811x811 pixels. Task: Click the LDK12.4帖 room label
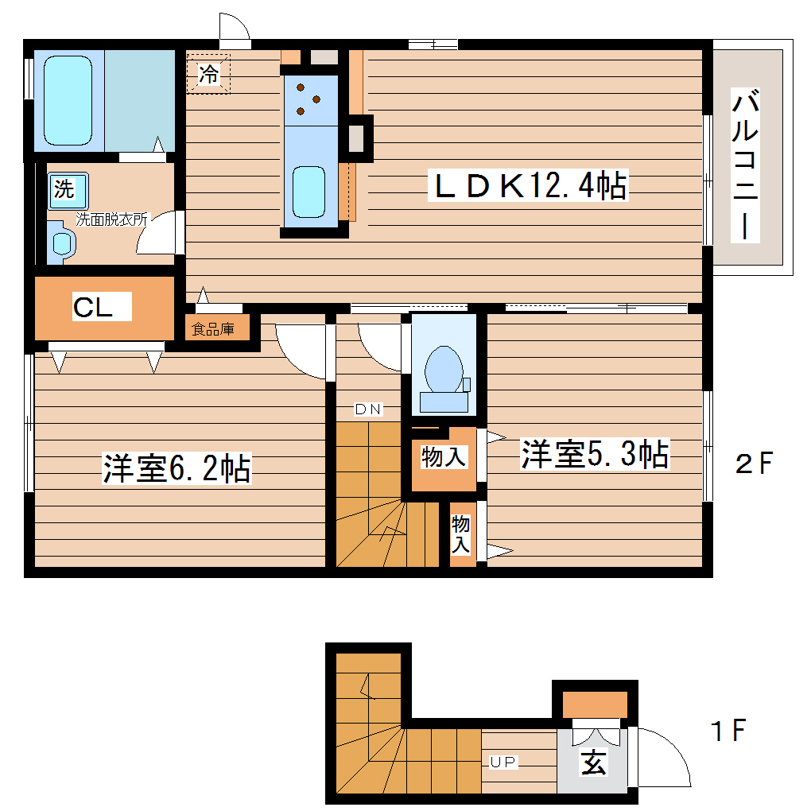point(528,186)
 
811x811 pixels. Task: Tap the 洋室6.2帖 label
point(177,468)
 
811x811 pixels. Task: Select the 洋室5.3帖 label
point(594,454)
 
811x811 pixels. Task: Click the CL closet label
point(93,308)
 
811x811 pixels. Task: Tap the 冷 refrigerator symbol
point(208,75)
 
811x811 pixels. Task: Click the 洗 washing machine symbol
point(64,189)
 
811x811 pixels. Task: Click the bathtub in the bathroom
point(69,99)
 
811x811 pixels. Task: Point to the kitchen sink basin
point(308,191)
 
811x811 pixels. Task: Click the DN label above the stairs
point(368,409)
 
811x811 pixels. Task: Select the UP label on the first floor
point(503,762)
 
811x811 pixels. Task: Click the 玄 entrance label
point(593,762)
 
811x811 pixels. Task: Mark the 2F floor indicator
point(753,463)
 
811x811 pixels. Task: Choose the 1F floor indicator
point(728,730)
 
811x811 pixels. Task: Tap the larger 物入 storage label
point(443,457)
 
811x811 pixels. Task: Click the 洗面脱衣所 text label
point(111,216)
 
